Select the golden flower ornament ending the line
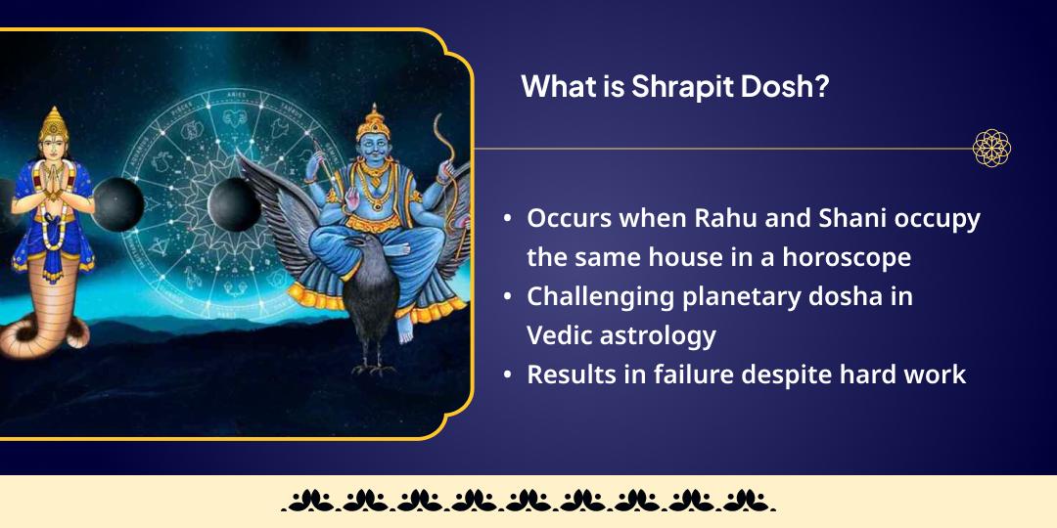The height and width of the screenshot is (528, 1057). [990, 149]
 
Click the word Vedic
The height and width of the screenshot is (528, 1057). [561, 335]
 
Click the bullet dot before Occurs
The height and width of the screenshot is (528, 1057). [507, 220]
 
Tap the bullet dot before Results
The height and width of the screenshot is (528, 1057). [507, 375]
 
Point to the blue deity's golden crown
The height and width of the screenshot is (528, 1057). [373, 122]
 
